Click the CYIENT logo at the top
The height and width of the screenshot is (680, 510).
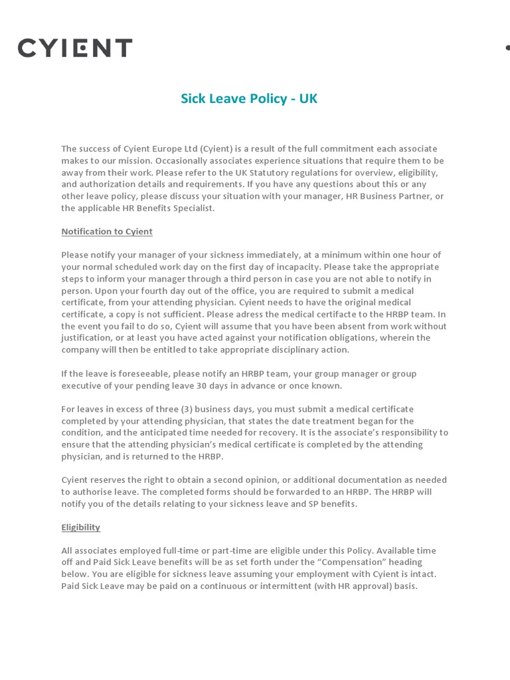pos(75,48)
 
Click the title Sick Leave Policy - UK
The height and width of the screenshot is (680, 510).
pos(249,99)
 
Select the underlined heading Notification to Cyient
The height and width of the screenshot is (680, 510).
pos(107,232)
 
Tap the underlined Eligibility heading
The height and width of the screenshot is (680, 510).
pos(80,527)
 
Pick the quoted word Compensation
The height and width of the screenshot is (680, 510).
pos(349,563)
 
